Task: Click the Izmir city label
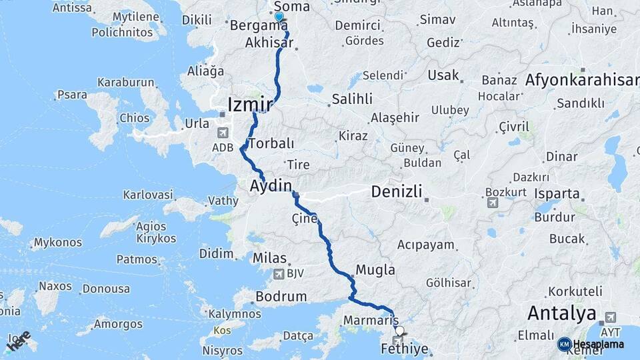point(250,105)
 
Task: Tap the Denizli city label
point(397,193)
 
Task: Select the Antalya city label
point(561,313)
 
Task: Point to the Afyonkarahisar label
point(582,81)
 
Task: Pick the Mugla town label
point(375,271)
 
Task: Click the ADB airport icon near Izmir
point(222,133)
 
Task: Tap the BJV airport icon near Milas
point(278,274)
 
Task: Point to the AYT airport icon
point(610,317)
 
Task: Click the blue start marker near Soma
point(279,17)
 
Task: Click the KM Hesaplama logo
point(591,344)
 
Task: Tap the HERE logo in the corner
point(19,341)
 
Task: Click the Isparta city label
point(557,194)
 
